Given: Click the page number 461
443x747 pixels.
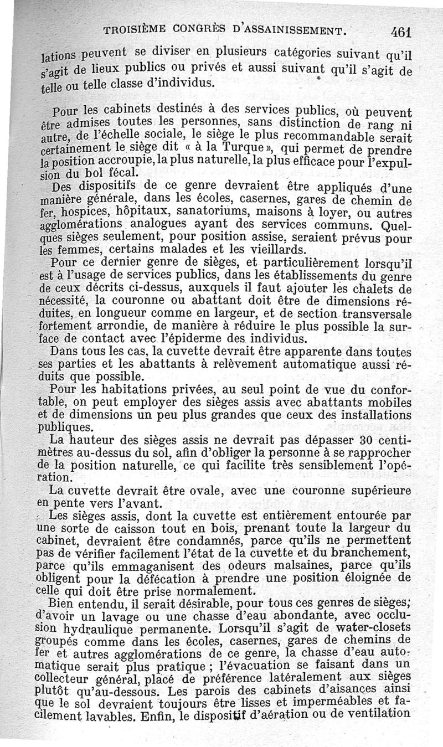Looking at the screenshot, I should click(399, 32).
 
